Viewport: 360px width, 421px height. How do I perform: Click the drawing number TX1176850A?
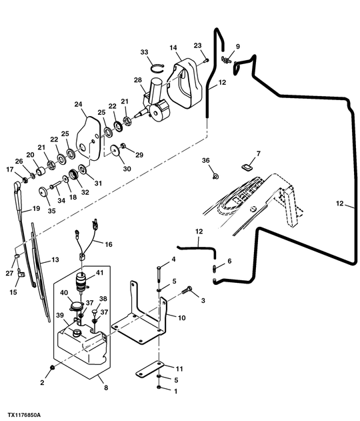[24, 416]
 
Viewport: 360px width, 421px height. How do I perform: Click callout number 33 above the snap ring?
[144, 52]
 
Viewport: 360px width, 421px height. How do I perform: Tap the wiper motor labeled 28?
[155, 101]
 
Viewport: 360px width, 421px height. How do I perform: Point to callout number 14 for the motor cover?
[173, 48]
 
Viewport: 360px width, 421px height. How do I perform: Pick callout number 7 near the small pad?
[258, 153]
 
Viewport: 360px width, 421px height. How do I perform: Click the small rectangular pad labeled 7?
[246, 167]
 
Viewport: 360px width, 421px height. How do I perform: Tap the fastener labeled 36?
[215, 176]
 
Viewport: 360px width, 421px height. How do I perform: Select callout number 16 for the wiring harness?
[109, 244]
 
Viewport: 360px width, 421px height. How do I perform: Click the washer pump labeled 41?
[81, 282]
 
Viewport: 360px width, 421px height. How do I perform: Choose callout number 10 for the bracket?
[181, 318]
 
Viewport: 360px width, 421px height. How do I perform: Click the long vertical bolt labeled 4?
[159, 274]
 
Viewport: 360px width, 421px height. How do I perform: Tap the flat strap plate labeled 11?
[150, 369]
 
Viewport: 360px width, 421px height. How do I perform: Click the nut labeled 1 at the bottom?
[159, 388]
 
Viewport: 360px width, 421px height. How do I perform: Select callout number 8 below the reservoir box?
[106, 388]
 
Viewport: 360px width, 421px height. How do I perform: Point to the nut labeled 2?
[52, 367]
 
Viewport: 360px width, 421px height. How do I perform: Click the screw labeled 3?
[187, 290]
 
